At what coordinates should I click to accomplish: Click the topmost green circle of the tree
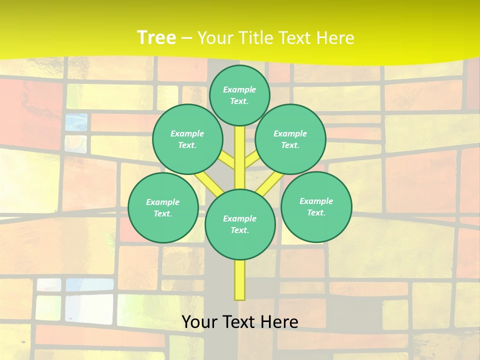click(x=239, y=95)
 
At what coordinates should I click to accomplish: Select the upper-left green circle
click(x=187, y=139)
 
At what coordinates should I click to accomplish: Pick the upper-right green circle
click(x=290, y=139)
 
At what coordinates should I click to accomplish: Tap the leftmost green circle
click(x=163, y=207)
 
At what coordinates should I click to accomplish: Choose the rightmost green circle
click(x=316, y=206)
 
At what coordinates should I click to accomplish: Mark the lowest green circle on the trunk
click(x=240, y=224)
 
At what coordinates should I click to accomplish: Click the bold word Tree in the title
click(x=156, y=37)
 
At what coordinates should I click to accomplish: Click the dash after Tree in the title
click(x=187, y=38)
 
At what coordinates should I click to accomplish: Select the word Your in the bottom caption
click(x=199, y=322)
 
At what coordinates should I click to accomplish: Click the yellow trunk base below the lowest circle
click(x=239, y=280)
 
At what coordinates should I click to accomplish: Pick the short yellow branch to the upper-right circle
click(x=251, y=159)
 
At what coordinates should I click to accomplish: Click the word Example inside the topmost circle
click(x=239, y=89)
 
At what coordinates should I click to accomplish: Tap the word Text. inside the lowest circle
click(x=240, y=230)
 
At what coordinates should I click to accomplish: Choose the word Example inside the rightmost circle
click(x=316, y=201)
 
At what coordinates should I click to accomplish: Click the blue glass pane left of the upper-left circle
click(x=76, y=121)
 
